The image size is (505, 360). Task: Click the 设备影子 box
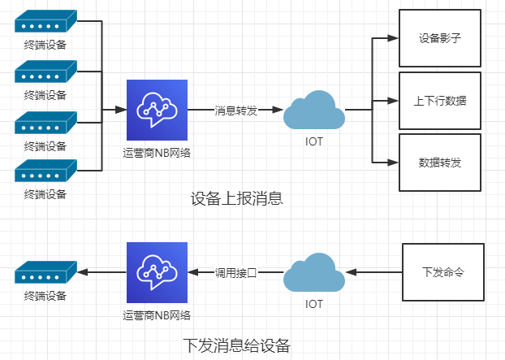[440, 38]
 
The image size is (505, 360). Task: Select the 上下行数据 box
[440, 101]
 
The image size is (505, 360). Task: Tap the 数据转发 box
[440, 163]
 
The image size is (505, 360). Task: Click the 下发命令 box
[443, 271]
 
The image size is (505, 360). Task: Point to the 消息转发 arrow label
[235, 110]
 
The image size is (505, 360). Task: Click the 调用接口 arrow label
[235, 273]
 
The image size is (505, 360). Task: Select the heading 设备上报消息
[236, 198]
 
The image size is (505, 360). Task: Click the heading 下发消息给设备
[236, 345]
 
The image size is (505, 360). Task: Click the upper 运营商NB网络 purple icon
[157, 110]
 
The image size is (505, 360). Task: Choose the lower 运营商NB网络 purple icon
[157, 272]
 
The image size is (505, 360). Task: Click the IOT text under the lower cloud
[313, 305]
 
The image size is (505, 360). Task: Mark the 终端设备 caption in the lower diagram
[45, 296]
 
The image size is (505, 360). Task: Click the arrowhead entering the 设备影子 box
[394, 38]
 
